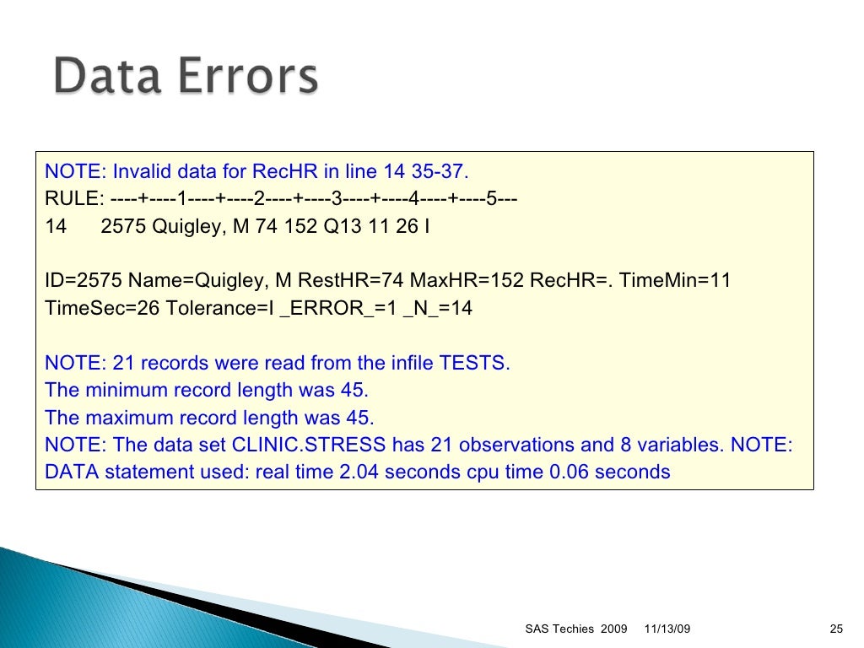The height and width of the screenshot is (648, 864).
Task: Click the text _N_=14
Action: (438, 308)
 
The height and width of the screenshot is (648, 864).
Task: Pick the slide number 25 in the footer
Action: (837, 629)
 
